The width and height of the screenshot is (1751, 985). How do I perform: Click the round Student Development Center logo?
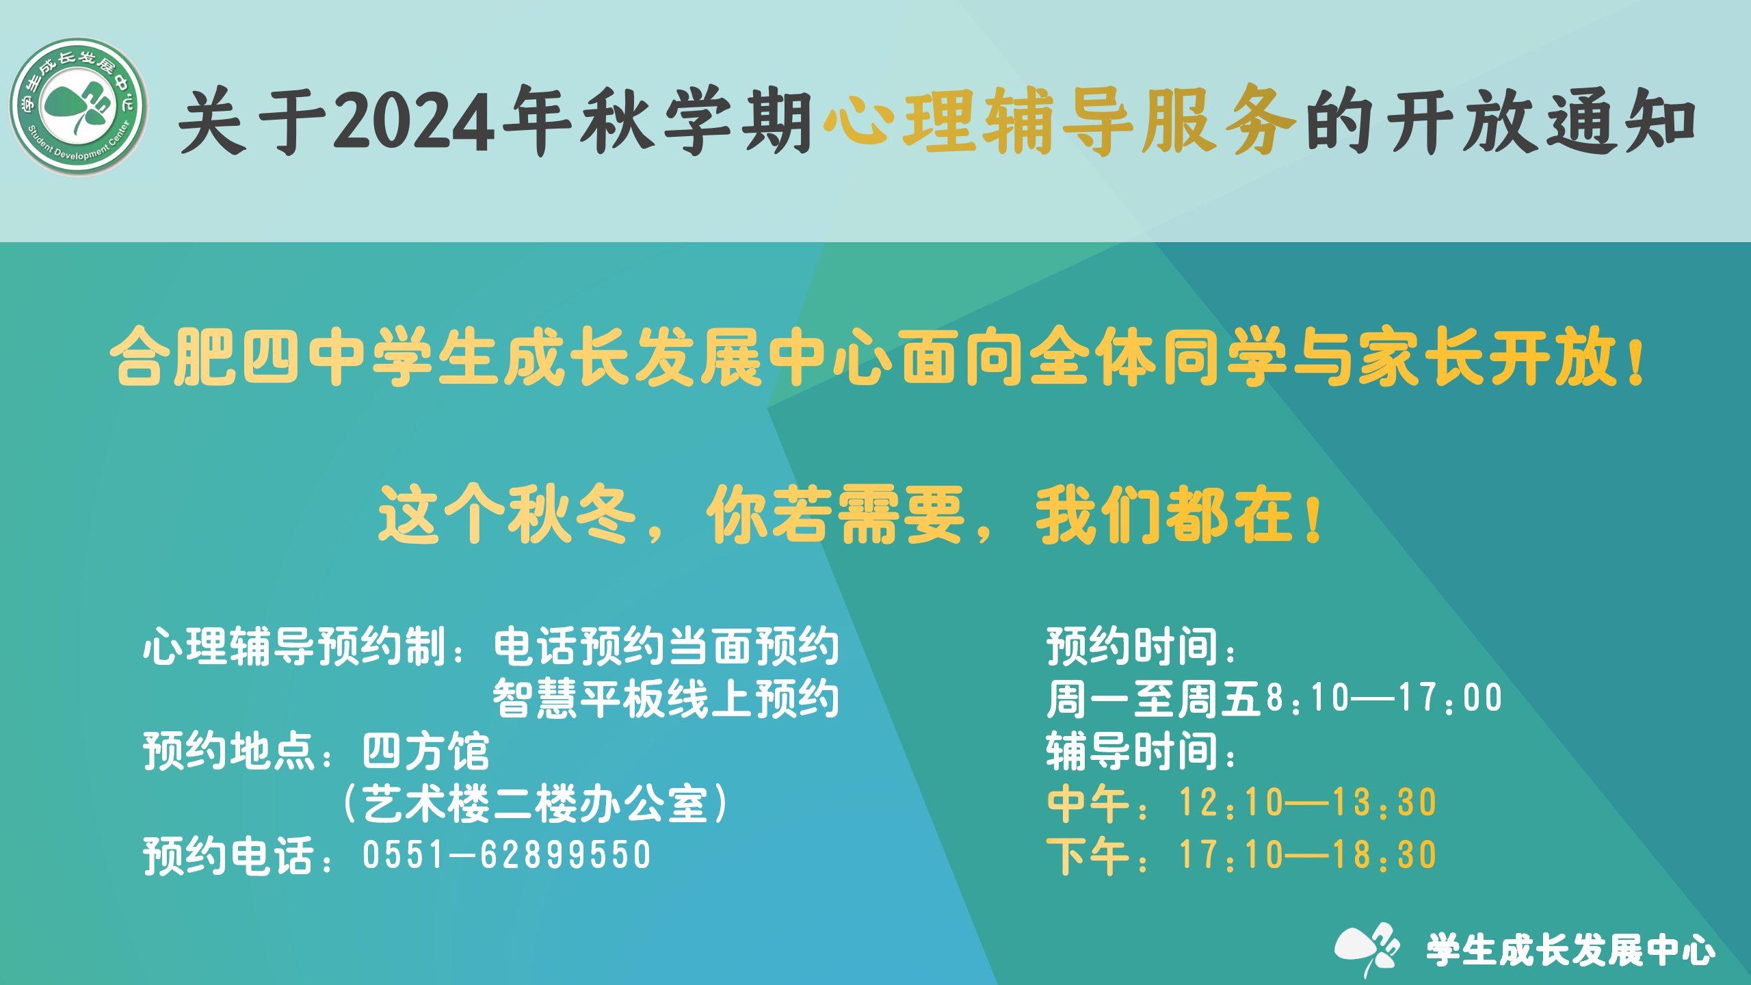(x=78, y=107)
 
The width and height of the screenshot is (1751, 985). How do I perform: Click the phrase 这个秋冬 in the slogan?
(x=507, y=514)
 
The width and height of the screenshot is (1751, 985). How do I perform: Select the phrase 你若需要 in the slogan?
(x=835, y=514)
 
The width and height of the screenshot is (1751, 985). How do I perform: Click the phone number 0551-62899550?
(x=507, y=855)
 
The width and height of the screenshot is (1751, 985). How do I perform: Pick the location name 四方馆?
(x=425, y=751)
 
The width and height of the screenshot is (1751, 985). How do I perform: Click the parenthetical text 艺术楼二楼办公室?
(x=535, y=804)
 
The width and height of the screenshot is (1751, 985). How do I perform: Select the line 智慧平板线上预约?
(x=666, y=698)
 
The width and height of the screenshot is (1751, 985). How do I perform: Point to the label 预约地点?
(x=229, y=751)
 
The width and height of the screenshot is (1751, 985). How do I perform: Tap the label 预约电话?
(x=229, y=856)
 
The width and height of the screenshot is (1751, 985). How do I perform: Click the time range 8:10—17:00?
(x=1383, y=698)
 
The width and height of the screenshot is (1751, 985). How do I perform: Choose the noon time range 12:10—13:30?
(x=1307, y=802)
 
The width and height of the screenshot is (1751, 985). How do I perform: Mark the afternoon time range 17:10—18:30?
(x=1307, y=855)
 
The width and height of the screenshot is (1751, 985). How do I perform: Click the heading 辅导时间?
(x=1132, y=751)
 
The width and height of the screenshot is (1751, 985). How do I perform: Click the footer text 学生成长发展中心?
(x=1570, y=951)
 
